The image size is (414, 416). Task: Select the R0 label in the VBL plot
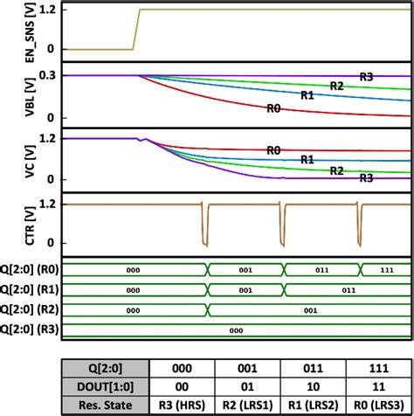[274, 107]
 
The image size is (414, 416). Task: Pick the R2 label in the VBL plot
[336, 85]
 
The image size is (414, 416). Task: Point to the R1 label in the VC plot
[307, 160]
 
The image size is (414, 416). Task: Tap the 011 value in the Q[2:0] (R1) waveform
[347, 289]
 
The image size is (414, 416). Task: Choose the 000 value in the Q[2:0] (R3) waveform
[235, 329]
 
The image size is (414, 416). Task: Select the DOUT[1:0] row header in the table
[100, 385]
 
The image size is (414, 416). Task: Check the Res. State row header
[100, 405]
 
